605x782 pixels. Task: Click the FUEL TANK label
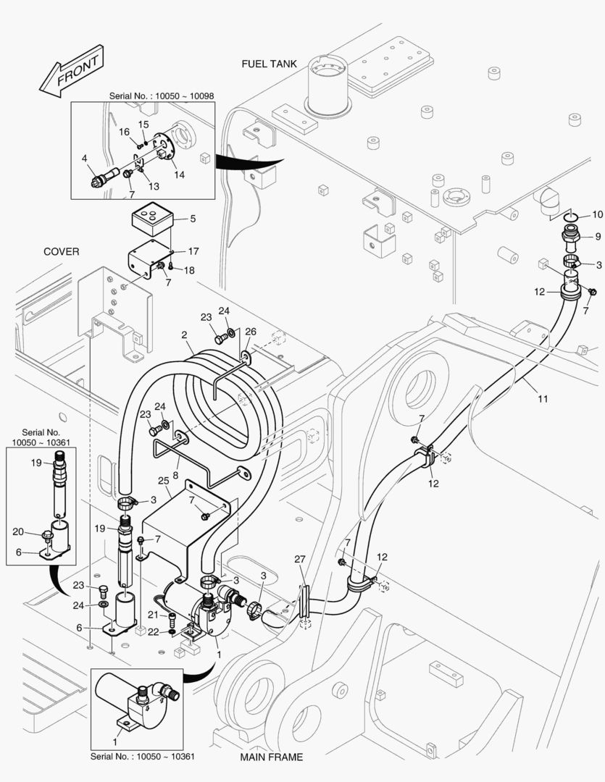pos(269,64)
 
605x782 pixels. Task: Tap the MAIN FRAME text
pos(271,757)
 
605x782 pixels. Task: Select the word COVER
pos(62,251)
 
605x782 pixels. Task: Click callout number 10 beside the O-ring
pos(597,214)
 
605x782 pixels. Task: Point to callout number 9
pos(598,236)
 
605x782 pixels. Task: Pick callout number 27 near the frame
pos(300,559)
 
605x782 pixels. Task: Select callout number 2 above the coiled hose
pos(185,335)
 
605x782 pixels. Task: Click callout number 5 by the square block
pos(192,218)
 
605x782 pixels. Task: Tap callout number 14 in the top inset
pos(178,175)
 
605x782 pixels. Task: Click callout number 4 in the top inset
pos(84,158)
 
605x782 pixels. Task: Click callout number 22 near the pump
pos(152,632)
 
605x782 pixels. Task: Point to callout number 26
pos(250,332)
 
